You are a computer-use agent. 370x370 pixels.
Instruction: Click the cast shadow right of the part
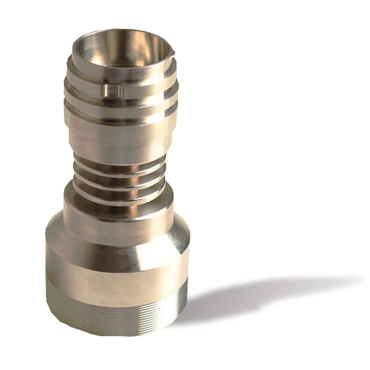tap(254, 296)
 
